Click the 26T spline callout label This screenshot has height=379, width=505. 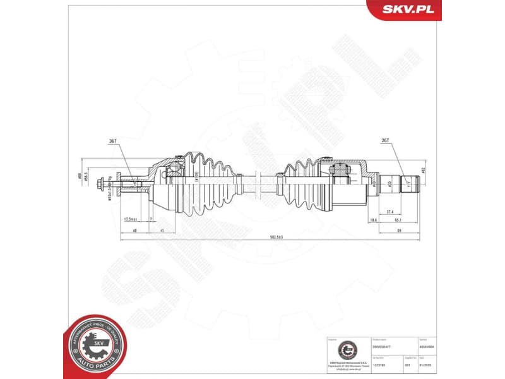(384, 141)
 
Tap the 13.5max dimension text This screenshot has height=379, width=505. (131, 219)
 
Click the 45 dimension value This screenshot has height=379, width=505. (162, 230)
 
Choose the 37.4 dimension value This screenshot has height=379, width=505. (389, 212)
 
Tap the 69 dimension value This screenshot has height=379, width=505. (399, 230)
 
